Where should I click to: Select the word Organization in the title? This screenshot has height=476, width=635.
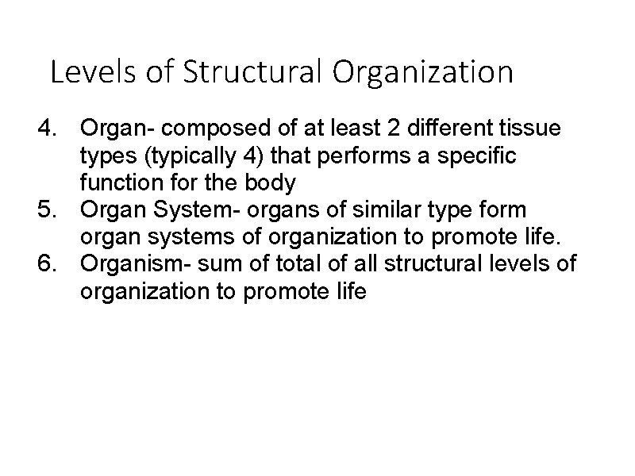coord(423,73)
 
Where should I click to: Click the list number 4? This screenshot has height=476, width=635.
coord(49,129)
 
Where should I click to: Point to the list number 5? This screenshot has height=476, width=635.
coord(49,210)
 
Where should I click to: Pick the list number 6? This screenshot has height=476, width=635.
coord(49,264)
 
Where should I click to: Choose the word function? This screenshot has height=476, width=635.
coord(114,183)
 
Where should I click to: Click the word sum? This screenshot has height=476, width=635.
coord(214,264)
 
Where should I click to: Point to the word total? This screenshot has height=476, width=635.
coord(280,264)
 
